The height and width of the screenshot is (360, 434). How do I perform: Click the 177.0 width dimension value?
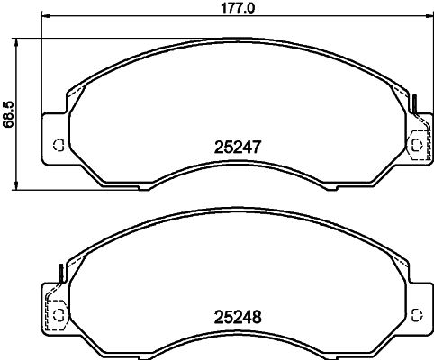238,8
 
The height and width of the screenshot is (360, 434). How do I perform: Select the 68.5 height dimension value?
8,115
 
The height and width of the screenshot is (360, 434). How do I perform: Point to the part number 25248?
238,317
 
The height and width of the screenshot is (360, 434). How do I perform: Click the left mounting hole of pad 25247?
59,145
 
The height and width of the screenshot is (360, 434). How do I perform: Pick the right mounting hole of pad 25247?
417,145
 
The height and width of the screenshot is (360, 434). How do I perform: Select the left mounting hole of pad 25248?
59,315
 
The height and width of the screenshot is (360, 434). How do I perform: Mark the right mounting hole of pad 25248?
417,315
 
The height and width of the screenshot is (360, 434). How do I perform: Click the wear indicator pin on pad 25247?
415,104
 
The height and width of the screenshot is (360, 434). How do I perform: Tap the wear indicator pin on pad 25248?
61,274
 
